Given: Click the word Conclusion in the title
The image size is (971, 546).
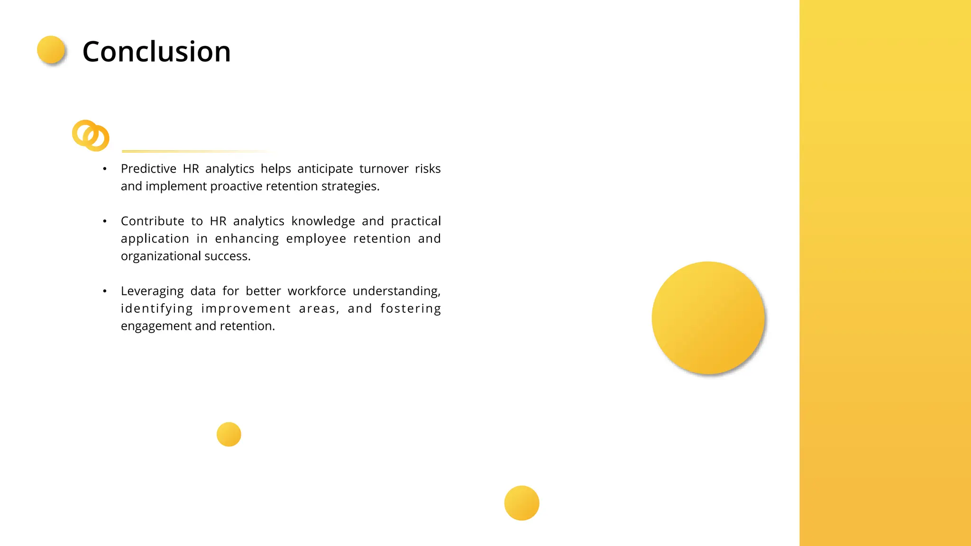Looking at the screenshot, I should pyautogui.click(x=156, y=51).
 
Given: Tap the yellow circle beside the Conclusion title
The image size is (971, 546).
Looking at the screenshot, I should pyautogui.click(x=51, y=50).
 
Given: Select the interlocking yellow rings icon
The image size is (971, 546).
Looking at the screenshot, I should pyautogui.click(x=91, y=136).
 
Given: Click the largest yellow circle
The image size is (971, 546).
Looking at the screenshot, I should pyautogui.click(x=708, y=318).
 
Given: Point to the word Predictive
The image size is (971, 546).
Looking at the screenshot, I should pyautogui.click(x=148, y=169).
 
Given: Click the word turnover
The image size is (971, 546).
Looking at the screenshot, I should pyautogui.click(x=384, y=169).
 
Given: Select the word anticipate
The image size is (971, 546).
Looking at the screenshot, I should pyautogui.click(x=325, y=169).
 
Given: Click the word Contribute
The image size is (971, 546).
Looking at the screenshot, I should pyautogui.click(x=153, y=221).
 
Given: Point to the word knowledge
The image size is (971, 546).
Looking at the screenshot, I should pyautogui.click(x=323, y=221).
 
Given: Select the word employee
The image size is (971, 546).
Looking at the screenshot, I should pyautogui.click(x=316, y=239).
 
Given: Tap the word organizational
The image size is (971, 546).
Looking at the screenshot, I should pyautogui.click(x=161, y=256).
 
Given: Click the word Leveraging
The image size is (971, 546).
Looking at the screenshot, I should pyautogui.click(x=152, y=291).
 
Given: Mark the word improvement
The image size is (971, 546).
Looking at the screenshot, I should pyautogui.click(x=246, y=309).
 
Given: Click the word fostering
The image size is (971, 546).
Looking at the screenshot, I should pyautogui.click(x=411, y=309).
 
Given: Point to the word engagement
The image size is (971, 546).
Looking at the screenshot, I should pyautogui.click(x=156, y=326).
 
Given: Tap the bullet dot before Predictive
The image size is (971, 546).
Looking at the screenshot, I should pyautogui.click(x=105, y=169).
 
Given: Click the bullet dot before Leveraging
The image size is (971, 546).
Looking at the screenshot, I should pyautogui.click(x=105, y=291).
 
